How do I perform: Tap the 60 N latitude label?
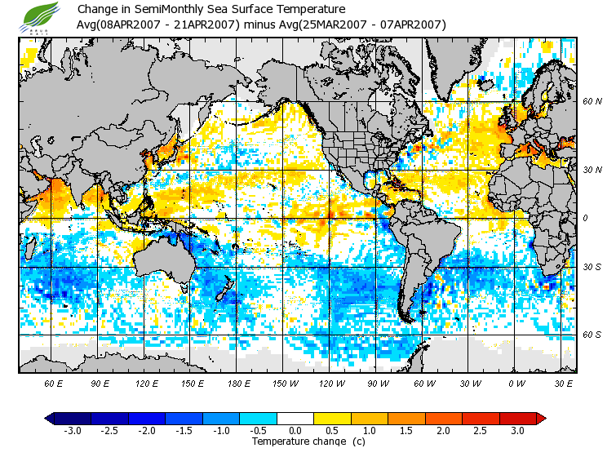(592, 101)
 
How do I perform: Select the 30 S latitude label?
(592, 268)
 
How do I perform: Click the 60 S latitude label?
(592, 335)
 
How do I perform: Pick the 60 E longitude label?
(54, 384)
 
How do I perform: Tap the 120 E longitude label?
(147, 384)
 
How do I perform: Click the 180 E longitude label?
(238, 384)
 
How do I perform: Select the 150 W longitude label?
(285, 384)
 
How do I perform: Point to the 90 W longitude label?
(377, 384)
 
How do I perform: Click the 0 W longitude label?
(516, 384)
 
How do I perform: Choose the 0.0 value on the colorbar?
(295, 430)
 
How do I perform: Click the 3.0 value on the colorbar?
(517, 430)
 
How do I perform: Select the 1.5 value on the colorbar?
(406, 430)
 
